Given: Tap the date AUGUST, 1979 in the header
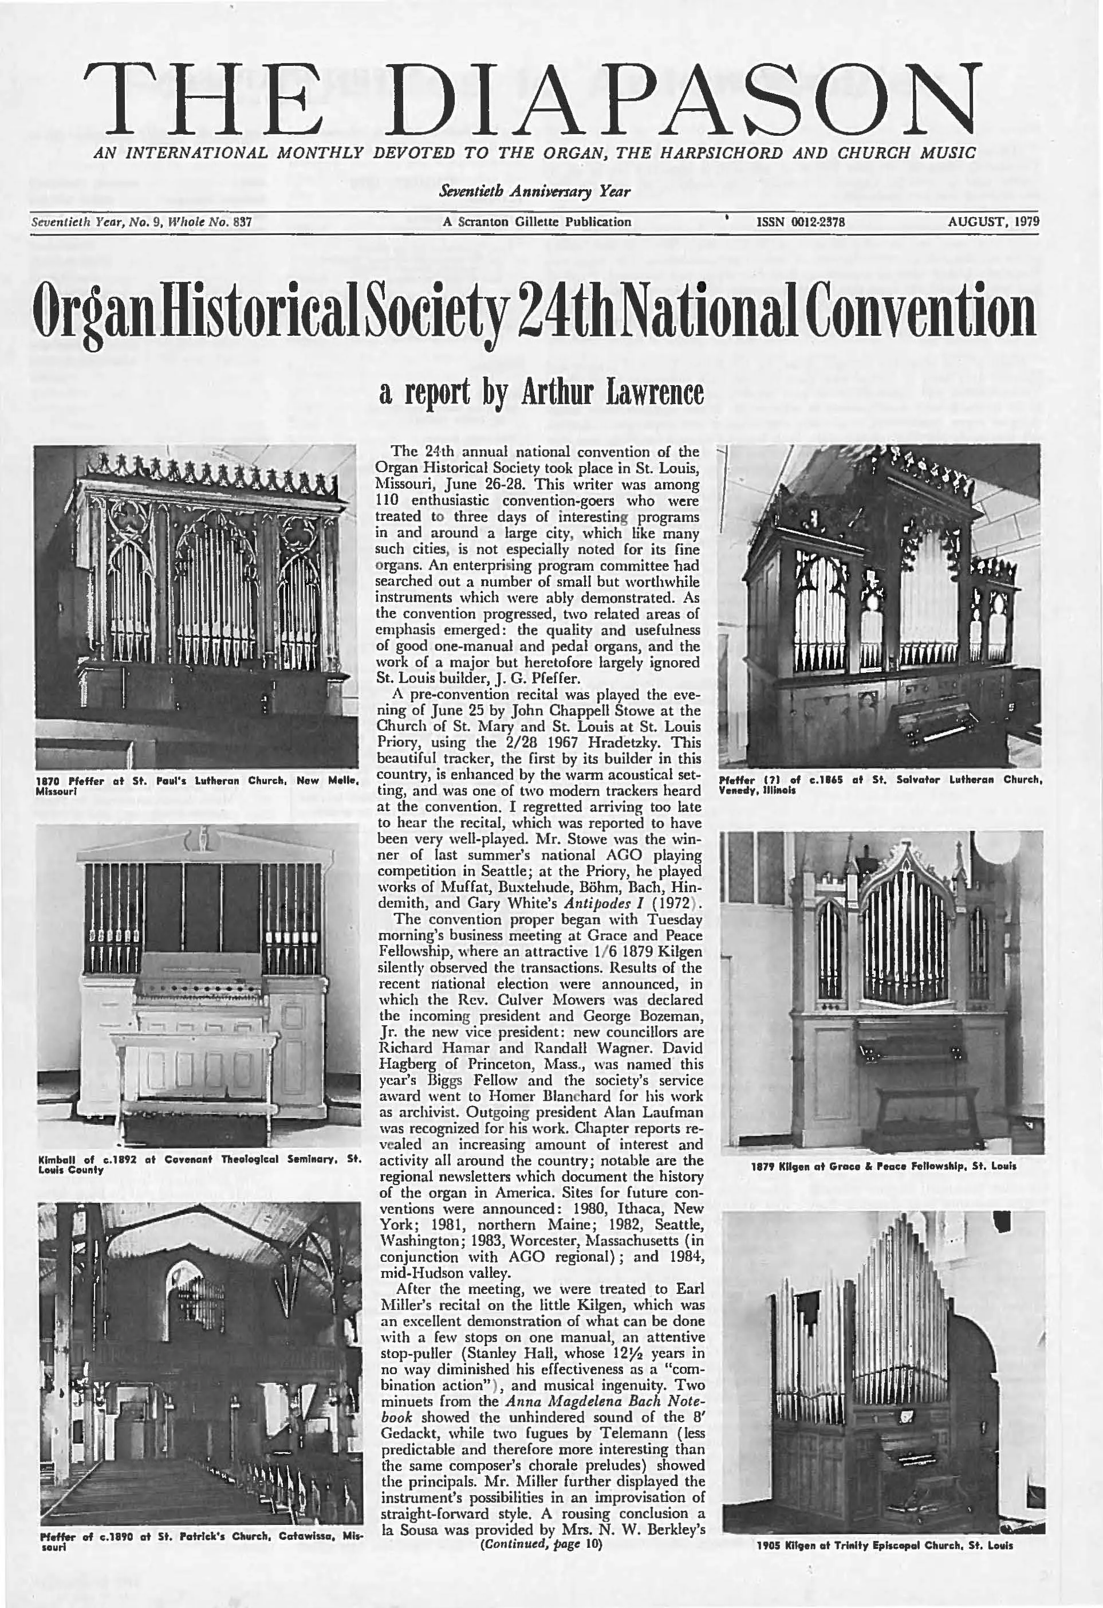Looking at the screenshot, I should [993, 222].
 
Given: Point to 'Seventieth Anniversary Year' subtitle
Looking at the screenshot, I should [534, 191].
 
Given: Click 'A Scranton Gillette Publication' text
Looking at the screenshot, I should [537, 222].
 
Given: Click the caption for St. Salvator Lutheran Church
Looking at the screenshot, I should [880, 784].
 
